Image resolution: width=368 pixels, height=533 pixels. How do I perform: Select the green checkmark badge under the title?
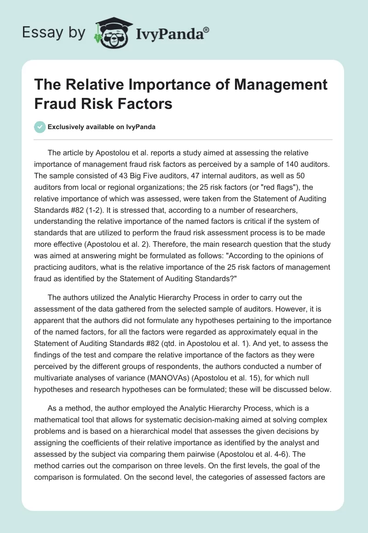coord(40,127)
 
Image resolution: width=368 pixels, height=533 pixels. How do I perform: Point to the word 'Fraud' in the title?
coord(58,103)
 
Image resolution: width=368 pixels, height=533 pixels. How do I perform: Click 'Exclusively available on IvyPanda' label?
coord(101,127)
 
